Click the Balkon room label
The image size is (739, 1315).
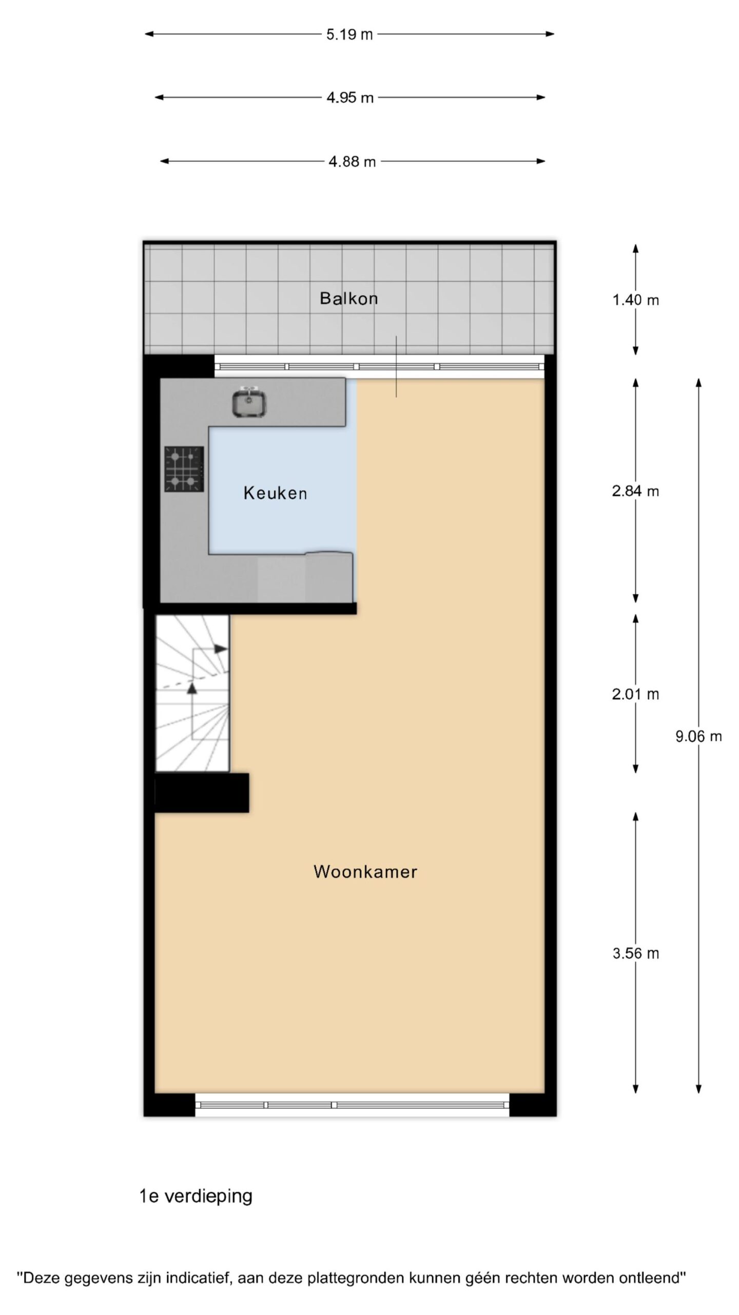(348, 298)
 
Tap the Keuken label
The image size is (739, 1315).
(275, 493)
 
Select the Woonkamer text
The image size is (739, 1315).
(365, 872)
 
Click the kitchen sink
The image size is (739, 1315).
(249, 402)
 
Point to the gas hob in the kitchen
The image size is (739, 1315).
(184, 469)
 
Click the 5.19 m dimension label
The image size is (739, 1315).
(349, 34)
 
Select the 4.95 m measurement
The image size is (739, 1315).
(350, 98)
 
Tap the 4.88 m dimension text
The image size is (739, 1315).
(352, 162)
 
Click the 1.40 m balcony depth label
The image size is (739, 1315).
(635, 300)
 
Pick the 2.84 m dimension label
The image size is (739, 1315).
(635, 492)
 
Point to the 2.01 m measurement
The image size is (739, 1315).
(635, 694)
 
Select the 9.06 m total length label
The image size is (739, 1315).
(698, 737)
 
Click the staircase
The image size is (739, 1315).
(192, 693)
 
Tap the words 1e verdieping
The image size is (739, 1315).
(196, 1196)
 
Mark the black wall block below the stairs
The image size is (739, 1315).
(202, 793)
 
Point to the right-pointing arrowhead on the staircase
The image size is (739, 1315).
(221, 649)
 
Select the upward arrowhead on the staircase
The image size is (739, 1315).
(192, 688)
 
